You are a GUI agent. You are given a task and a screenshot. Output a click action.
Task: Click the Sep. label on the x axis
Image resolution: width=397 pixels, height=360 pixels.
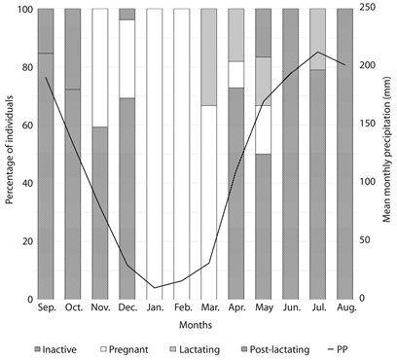tap(46, 307)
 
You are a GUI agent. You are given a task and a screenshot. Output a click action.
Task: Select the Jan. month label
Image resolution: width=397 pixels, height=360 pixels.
tap(155, 307)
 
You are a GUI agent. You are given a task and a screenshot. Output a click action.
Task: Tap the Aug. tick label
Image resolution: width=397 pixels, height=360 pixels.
tap(344, 307)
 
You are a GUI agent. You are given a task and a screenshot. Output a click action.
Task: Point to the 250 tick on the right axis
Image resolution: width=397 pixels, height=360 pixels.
tap(364, 9)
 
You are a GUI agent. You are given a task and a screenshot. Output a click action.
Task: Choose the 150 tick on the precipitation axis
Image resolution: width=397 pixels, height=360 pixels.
tap(364, 125)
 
